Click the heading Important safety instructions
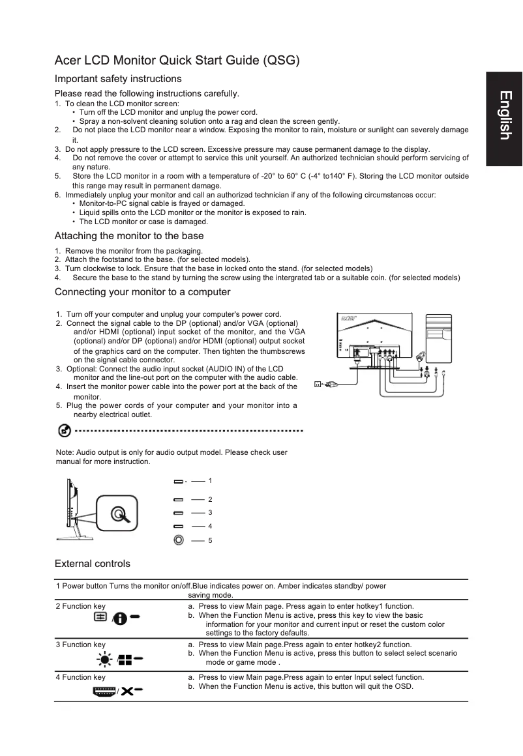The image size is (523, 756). coord(118,79)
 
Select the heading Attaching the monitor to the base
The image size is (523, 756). coord(129,236)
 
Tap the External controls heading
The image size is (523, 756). coord(93,563)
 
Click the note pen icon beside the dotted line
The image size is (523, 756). coord(64,431)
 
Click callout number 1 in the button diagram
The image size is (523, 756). coord(210,481)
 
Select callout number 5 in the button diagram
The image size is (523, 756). coord(210,540)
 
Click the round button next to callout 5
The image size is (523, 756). coord(179,540)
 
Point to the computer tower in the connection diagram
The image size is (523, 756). coord(438,338)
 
